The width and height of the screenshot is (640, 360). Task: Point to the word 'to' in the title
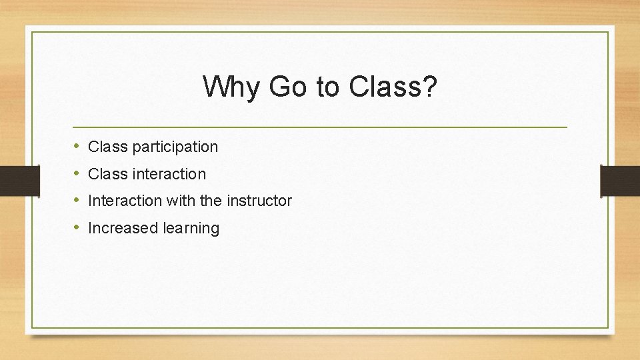point(328,87)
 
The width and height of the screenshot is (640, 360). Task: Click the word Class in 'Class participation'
point(107,147)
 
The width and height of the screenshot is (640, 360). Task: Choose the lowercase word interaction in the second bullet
point(169,174)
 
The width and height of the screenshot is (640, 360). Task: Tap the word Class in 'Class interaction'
point(107,174)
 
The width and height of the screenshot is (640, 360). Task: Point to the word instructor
point(259,201)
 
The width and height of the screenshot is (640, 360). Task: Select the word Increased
point(123,228)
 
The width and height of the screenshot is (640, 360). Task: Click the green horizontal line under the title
point(320,127)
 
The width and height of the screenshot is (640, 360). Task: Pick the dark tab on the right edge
point(620,181)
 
